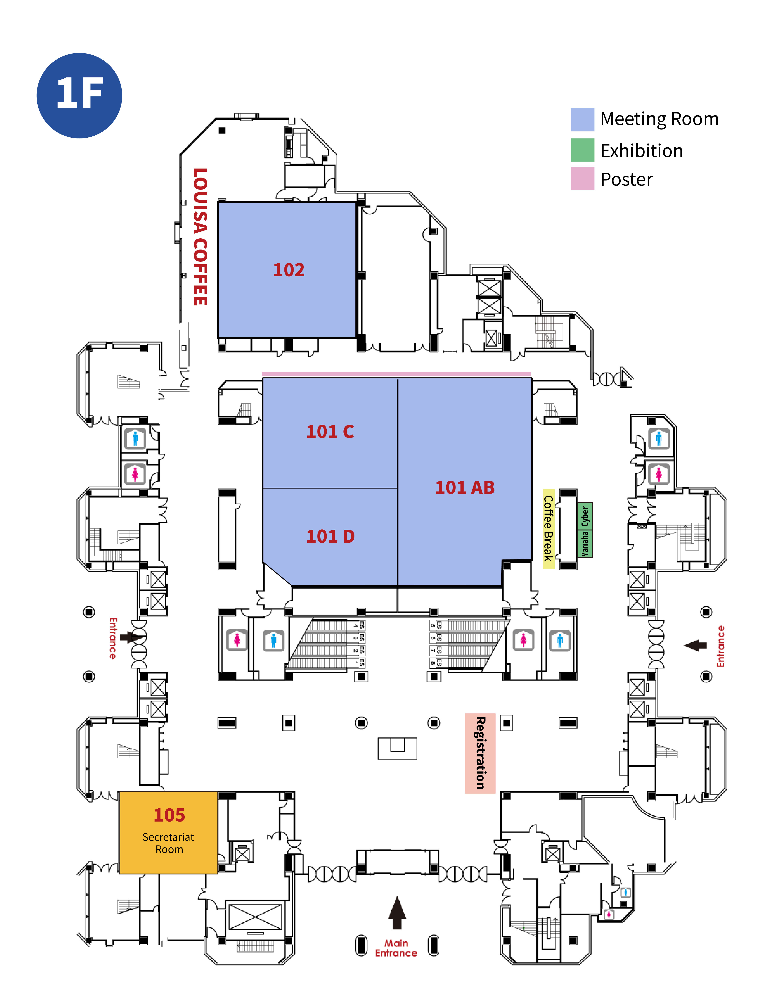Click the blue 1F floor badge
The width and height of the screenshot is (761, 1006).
79,95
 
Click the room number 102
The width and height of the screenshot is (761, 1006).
288,270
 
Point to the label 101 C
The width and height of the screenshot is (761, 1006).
330,431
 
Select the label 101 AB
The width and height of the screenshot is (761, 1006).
465,487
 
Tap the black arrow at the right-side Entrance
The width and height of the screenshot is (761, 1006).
695,645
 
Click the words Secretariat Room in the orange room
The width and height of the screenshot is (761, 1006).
168,843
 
